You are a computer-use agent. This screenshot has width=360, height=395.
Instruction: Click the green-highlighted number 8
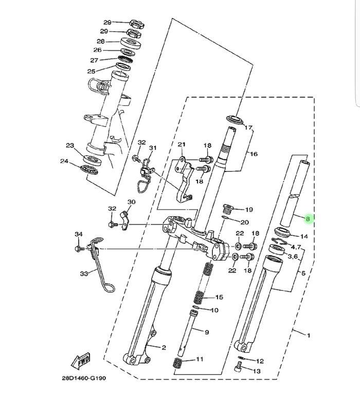click(x=308, y=219)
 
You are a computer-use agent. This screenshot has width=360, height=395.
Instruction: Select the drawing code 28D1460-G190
click(x=84, y=378)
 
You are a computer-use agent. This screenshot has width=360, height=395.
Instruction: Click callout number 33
click(x=84, y=273)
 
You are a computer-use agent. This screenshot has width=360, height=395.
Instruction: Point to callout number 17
click(x=248, y=127)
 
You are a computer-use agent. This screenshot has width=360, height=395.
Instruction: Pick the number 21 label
click(x=182, y=144)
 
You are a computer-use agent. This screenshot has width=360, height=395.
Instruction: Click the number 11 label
click(x=200, y=359)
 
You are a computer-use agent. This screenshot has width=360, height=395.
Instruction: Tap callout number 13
click(x=257, y=371)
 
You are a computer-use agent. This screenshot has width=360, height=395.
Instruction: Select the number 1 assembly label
click(x=308, y=335)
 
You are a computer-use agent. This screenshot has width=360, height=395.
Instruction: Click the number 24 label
click(x=64, y=161)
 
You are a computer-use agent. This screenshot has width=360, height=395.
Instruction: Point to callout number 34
click(x=79, y=234)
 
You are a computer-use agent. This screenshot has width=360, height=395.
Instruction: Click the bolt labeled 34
click(x=80, y=249)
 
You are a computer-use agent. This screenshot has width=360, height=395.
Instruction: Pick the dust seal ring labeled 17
click(x=236, y=119)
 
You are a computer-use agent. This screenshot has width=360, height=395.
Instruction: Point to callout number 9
click(x=207, y=332)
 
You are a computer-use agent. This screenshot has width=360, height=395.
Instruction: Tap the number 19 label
click(x=249, y=210)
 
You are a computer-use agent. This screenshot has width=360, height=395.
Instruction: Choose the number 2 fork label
click(x=164, y=348)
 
